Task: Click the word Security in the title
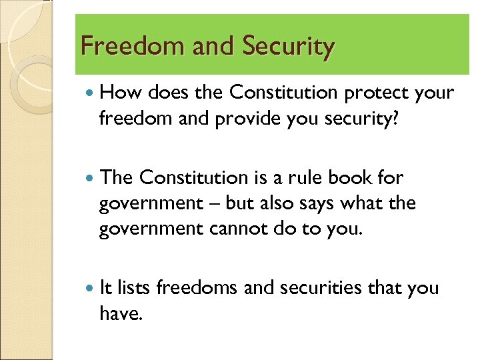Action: [288, 47]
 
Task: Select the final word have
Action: [120, 313]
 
